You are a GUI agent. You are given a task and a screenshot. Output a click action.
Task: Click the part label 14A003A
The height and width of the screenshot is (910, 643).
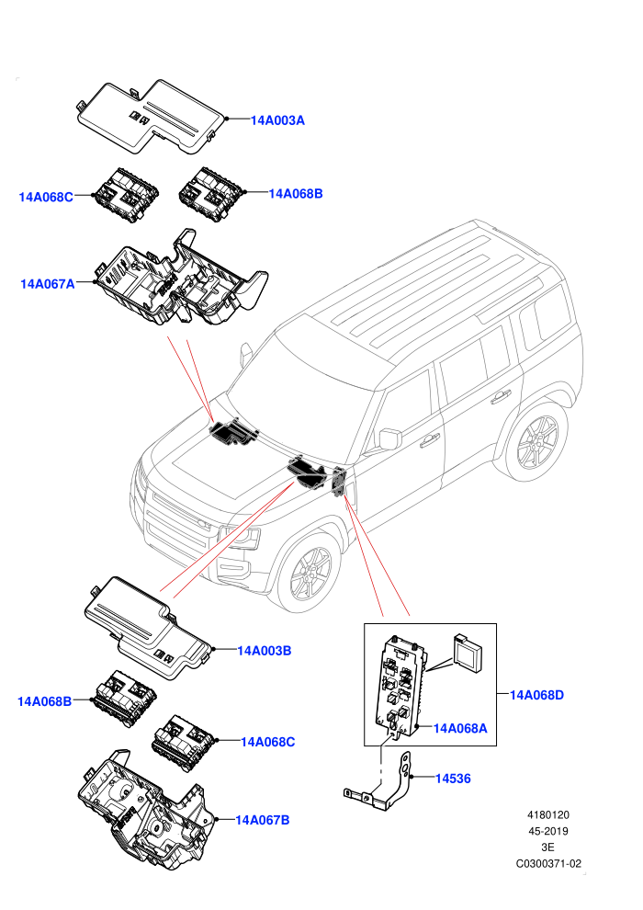point(277,120)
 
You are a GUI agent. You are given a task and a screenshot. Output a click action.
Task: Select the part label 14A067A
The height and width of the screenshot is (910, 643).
point(48,284)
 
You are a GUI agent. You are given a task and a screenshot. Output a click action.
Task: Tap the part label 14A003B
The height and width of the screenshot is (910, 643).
point(265,651)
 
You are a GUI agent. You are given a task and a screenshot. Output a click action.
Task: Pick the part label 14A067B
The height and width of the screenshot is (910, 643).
point(262,820)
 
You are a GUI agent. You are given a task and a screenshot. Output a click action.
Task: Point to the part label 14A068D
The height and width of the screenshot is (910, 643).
point(536,695)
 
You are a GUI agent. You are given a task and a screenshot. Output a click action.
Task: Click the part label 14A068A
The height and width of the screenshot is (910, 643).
point(460,728)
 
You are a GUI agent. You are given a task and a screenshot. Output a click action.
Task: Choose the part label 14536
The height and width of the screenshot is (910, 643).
point(453,779)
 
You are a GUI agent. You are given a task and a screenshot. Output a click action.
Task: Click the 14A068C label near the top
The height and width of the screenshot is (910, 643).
point(46,198)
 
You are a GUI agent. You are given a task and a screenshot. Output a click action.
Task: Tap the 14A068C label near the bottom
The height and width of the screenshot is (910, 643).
point(268,742)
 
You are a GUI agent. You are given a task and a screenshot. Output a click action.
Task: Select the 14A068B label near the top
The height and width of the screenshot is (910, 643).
point(296,194)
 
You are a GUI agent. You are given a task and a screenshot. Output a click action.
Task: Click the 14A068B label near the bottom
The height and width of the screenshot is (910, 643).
point(45,701)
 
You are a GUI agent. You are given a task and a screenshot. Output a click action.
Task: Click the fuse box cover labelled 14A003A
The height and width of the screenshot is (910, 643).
point(152,118)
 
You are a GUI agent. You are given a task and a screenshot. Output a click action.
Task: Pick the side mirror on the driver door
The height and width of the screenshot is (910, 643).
point(389,438)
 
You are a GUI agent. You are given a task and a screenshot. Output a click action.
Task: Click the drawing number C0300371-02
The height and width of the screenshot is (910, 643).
point(548,863)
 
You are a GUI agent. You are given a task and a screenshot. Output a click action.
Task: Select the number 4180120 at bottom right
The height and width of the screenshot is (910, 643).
point(547,814)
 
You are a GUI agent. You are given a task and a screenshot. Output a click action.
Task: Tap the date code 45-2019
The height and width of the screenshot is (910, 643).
point(547,831)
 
